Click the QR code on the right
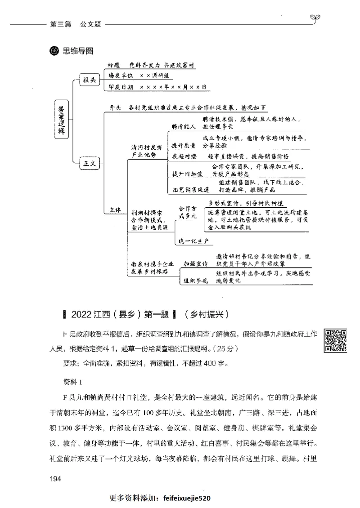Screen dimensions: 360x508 pos(336,340)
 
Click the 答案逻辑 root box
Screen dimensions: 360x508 pos(62,119)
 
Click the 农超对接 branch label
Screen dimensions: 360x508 pos(183,156)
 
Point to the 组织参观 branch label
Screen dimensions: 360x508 pos(196,281)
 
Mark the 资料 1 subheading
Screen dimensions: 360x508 pos(72,383)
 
